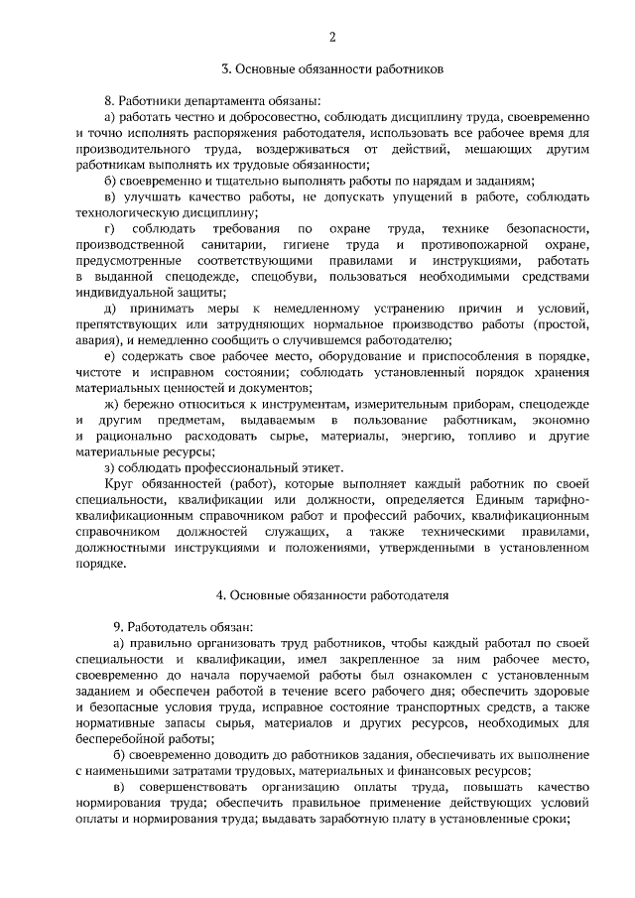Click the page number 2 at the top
click(332, 37)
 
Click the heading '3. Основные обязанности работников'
click(331, 69)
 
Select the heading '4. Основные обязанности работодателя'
click(331, 595)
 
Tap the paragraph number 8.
click(108, 100)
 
